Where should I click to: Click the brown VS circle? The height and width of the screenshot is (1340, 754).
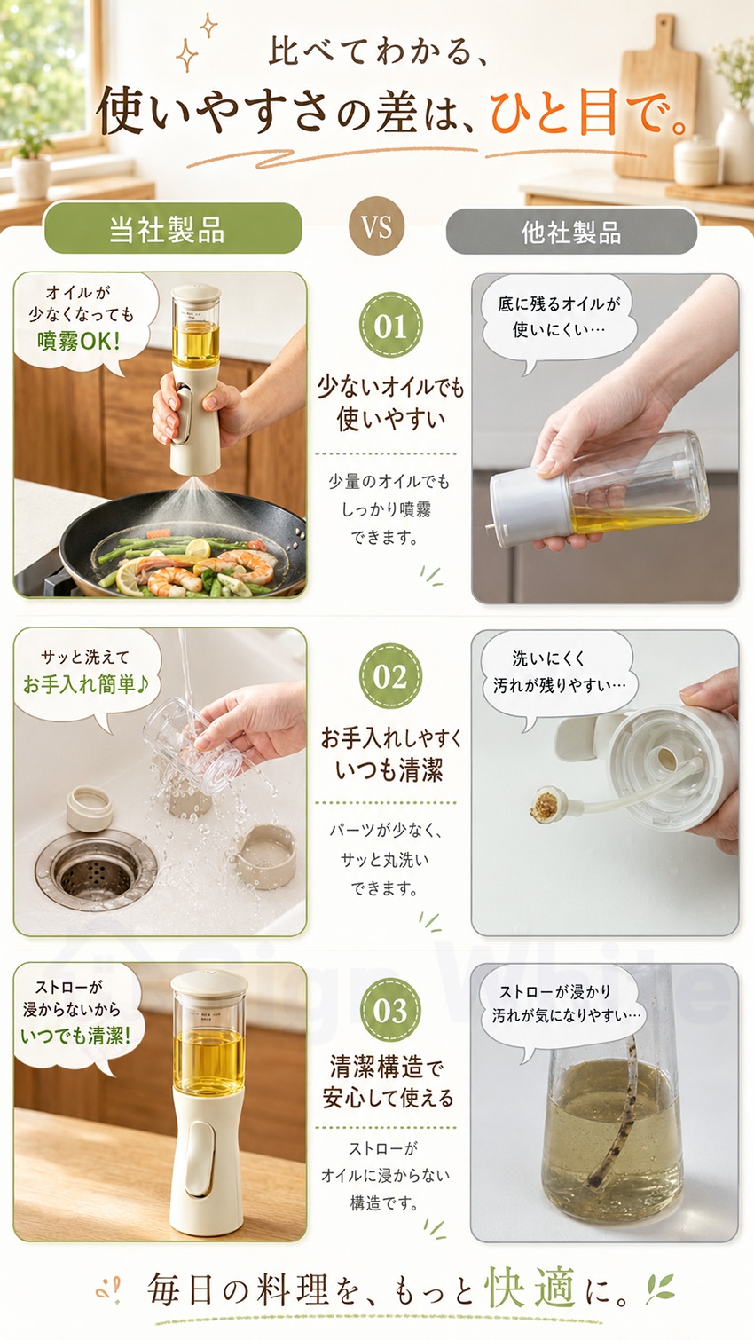coord(376,226)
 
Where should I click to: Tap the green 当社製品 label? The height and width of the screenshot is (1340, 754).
coord(172,229)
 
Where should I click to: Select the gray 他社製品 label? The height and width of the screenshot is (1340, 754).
coord(571,232)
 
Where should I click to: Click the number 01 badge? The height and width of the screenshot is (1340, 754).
coord(390,326)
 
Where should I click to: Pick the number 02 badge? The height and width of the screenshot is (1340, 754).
coord(390,676)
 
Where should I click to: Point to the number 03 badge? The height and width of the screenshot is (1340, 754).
coord(390,1011)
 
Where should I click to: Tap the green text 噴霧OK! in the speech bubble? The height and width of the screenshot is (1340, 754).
coord(79,341)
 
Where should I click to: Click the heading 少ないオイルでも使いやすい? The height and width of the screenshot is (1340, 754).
coord(389,402)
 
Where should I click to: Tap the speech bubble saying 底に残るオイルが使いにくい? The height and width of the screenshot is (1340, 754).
coord(559,319)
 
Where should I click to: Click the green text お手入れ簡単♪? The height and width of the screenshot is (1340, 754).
coord(86,684)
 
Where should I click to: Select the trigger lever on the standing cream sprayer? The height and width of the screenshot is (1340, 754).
coord(200,1160)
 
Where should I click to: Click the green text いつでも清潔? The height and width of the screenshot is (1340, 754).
coord(76,1036)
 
